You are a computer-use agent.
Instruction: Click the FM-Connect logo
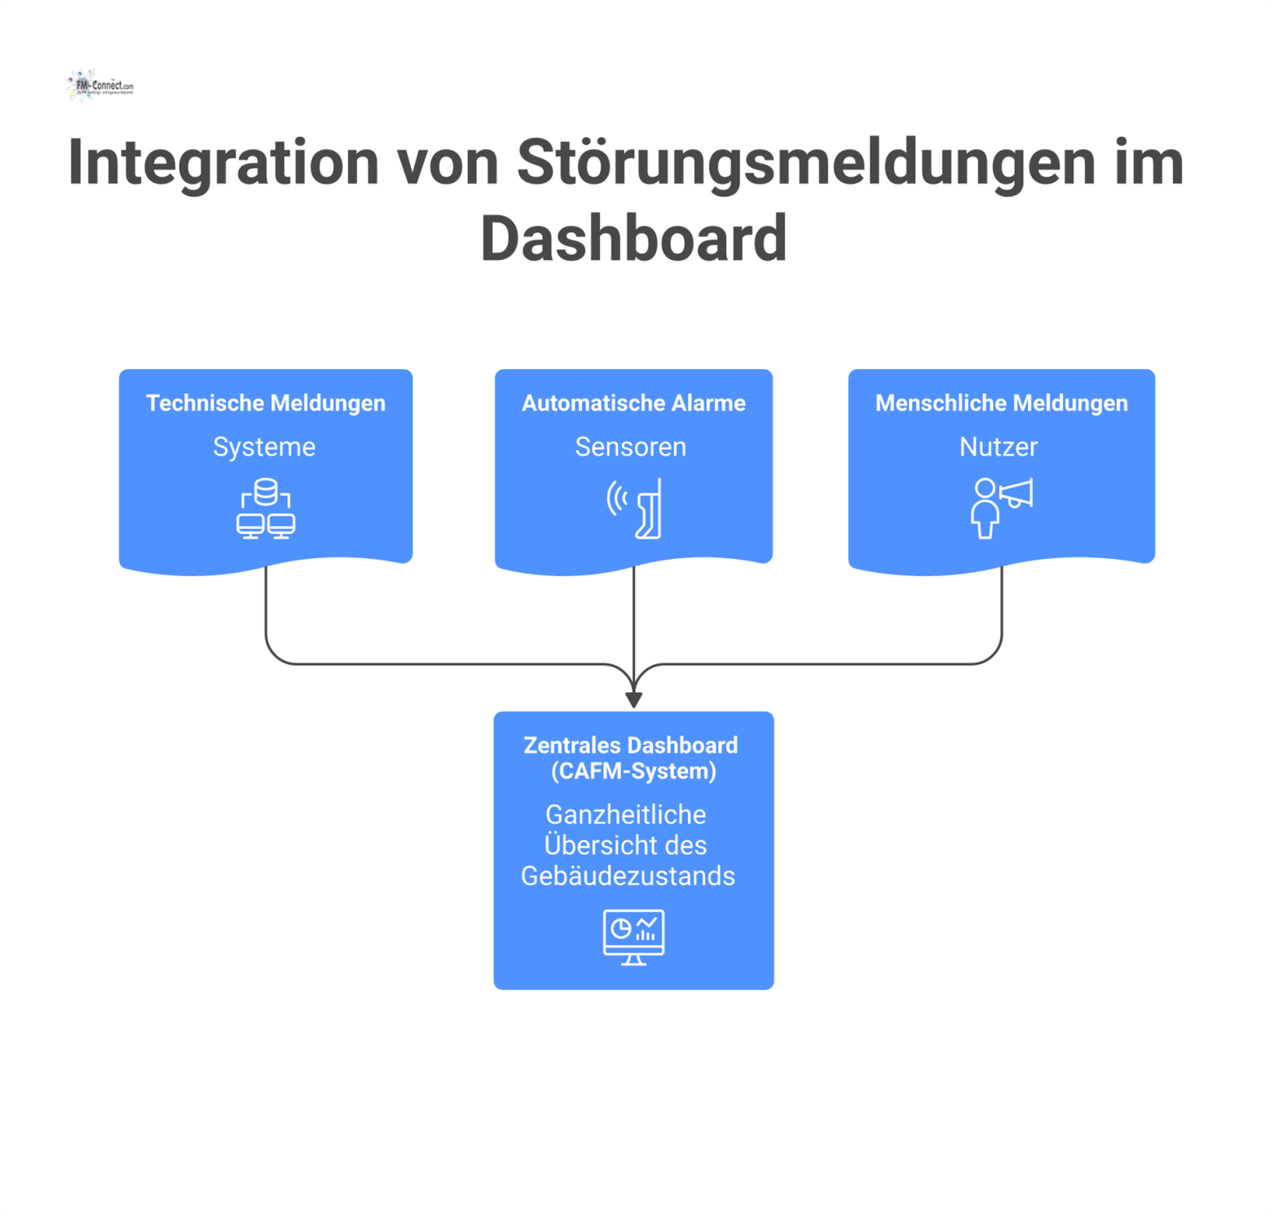[x=99, y=86]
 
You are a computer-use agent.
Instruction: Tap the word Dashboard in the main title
[x=633, y=239]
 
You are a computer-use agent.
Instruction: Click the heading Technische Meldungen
[x=266, y=403]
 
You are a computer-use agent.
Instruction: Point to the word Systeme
[x=264, y=447]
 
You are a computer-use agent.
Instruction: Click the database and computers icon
[x=266, y=509]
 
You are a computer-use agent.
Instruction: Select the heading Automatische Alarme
[x=633, y=403]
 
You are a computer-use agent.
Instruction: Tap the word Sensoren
[x=630, y=447]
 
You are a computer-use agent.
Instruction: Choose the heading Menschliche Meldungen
[x=1001, y=403]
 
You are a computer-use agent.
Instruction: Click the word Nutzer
[x=999, y=447]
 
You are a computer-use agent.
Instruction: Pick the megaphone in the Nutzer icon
[x=1016, y=494]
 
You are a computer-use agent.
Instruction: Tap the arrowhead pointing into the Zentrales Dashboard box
[x=633, y=699]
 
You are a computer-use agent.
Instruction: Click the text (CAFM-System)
[x=633, y=771]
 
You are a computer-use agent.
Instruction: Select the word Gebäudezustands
[x=628, y=876]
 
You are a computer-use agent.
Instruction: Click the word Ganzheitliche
[x=626, y=815]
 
